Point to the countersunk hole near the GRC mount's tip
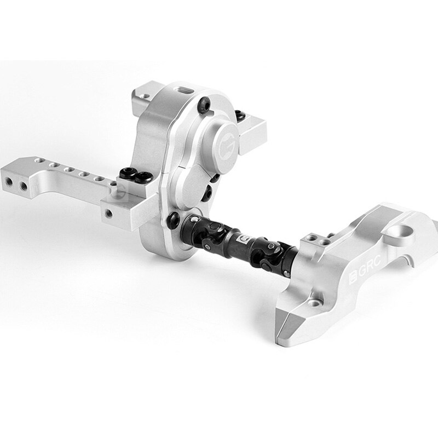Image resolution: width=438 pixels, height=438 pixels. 316,301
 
